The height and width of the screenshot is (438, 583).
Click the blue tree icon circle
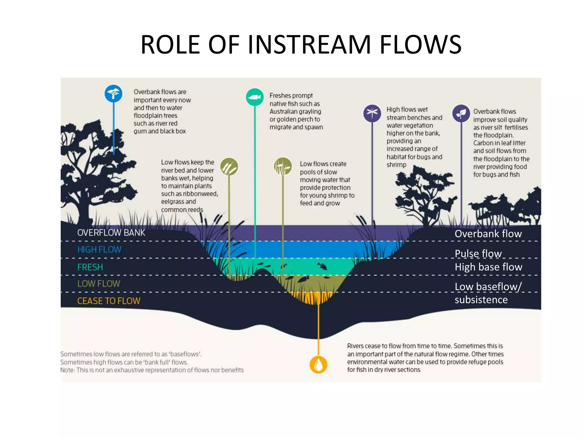pos(114,94)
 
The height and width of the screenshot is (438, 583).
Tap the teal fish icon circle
pos(254,97)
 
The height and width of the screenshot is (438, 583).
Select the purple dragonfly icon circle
pos(372,113)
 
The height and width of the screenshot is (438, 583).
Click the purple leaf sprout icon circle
pos(461,113)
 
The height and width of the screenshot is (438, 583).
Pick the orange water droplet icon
pos(318,364)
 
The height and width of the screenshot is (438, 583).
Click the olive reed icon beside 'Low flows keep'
pos(229,167)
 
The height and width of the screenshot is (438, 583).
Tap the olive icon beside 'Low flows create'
pos(283,167)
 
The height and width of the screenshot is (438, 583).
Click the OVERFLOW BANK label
pos(111,233)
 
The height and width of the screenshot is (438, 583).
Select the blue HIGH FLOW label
pos(99,250)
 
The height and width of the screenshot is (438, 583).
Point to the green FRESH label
pos(90,267)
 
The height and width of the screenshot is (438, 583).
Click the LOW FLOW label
pos(99,284)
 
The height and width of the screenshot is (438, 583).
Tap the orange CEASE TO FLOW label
pos(109,301)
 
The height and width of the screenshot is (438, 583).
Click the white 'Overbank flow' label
pos(488,234)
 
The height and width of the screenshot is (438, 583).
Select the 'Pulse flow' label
pos(478,254)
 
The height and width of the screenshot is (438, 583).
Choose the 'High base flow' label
pos(488,267)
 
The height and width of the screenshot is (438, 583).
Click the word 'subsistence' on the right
pos(481,300)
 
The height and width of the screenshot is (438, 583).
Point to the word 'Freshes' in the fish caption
pos(280,96)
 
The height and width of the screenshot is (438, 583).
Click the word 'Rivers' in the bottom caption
pos(355,346)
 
